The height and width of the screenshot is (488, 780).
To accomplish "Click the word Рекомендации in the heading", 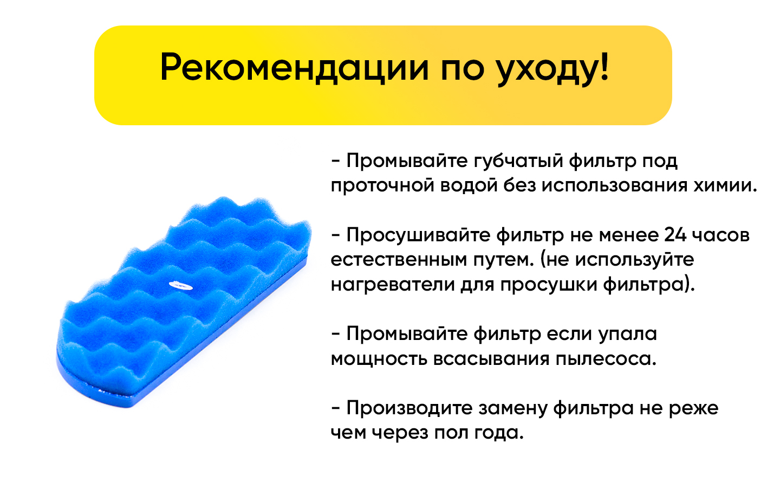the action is [294, 68].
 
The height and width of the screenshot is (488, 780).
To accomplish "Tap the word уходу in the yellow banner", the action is [544, 70].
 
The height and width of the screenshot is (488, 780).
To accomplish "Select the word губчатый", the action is [518, 162].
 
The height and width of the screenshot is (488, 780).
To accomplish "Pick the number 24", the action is [675, 235].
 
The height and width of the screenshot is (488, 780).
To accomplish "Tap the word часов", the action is [721, 236].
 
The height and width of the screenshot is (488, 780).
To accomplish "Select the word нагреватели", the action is [393, 285].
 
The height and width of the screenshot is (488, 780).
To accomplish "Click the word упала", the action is [627, 335].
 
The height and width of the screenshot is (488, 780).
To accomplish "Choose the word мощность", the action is [379, 359].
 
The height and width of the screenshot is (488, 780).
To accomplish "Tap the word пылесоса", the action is [606, 359].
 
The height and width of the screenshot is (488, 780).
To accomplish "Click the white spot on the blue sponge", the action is [181, 286].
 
